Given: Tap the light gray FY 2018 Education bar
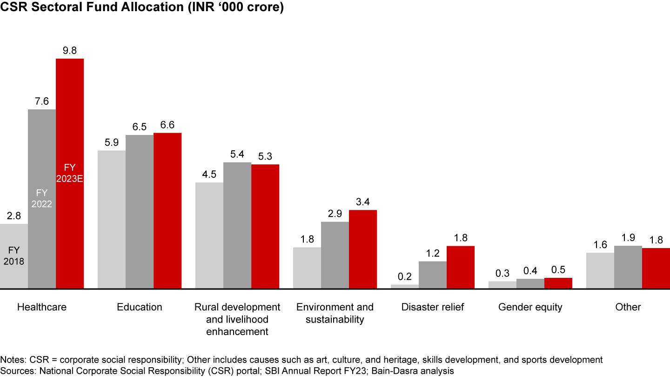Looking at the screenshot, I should pos(111,219).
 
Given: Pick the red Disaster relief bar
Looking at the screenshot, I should pos(460,267).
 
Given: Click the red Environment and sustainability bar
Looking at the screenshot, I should pos(362,249).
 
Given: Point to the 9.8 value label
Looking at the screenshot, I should pos(70,51).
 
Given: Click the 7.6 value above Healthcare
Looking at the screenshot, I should pos(42,101).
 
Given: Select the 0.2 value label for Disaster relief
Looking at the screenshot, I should pos(405,276).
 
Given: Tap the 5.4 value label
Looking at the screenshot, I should pos(237,154).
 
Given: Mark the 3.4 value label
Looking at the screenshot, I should pos(363,202).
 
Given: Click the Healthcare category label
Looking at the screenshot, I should pos(42,307).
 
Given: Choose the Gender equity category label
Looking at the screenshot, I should pos(530,307).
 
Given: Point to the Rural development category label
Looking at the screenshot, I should pos(237,319).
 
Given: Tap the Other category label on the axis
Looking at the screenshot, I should pos(628,307).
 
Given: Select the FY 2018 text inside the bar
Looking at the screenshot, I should pos(14,256).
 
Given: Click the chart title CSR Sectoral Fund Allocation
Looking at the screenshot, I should pos(142,8).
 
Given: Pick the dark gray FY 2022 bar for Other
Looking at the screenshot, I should pos(628,267).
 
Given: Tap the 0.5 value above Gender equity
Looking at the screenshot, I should pos(558,269).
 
